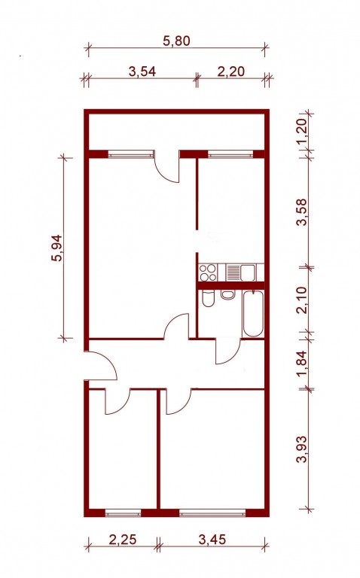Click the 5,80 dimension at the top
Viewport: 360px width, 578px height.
177,41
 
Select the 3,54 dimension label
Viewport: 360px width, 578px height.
142,71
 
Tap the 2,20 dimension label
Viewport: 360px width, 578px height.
231,71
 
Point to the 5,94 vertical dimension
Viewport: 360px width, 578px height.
57,248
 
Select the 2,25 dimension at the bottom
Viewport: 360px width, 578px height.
123,540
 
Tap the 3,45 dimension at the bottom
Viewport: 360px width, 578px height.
212,540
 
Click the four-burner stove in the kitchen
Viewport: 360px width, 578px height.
208,272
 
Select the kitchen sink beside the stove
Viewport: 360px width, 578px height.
241,272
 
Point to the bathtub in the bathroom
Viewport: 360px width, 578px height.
253,314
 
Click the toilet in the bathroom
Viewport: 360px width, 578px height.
208,299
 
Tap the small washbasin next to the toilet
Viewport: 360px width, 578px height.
227,294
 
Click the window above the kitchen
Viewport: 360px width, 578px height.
230,154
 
